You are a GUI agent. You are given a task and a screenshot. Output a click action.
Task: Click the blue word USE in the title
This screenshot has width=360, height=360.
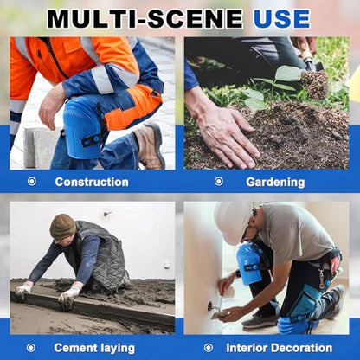(x=281, y=19)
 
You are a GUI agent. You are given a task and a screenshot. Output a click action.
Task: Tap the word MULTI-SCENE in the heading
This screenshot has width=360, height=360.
(x=145, y=19)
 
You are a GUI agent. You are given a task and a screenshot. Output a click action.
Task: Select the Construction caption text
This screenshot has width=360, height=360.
(x=92, y=182)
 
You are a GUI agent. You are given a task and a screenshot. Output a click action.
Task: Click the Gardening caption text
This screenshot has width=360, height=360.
(x=275, y=183)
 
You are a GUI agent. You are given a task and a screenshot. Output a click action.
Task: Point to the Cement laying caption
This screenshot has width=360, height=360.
(x=94, y=348)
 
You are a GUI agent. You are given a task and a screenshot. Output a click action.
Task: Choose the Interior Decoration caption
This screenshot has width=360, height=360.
(x=279, y=348)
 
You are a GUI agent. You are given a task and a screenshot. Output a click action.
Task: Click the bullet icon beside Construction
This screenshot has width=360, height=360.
(x=32, y=182)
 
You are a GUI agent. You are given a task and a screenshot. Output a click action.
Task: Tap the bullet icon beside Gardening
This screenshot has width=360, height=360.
(x=219, y=181)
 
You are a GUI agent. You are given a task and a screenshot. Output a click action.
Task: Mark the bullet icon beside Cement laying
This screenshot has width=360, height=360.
(x=31, y=348)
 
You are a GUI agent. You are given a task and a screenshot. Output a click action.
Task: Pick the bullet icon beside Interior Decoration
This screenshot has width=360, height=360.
(x=209, y=348)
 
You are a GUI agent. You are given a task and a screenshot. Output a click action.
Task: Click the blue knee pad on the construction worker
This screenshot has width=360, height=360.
(x=80, y=127)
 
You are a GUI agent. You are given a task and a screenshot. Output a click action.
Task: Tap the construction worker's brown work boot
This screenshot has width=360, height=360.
(x=150, y=146)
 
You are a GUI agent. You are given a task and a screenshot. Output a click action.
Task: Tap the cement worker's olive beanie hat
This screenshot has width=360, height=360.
(x=62, y=227)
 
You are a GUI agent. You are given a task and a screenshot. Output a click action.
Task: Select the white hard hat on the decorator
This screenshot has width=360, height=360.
(x=233, y=222)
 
